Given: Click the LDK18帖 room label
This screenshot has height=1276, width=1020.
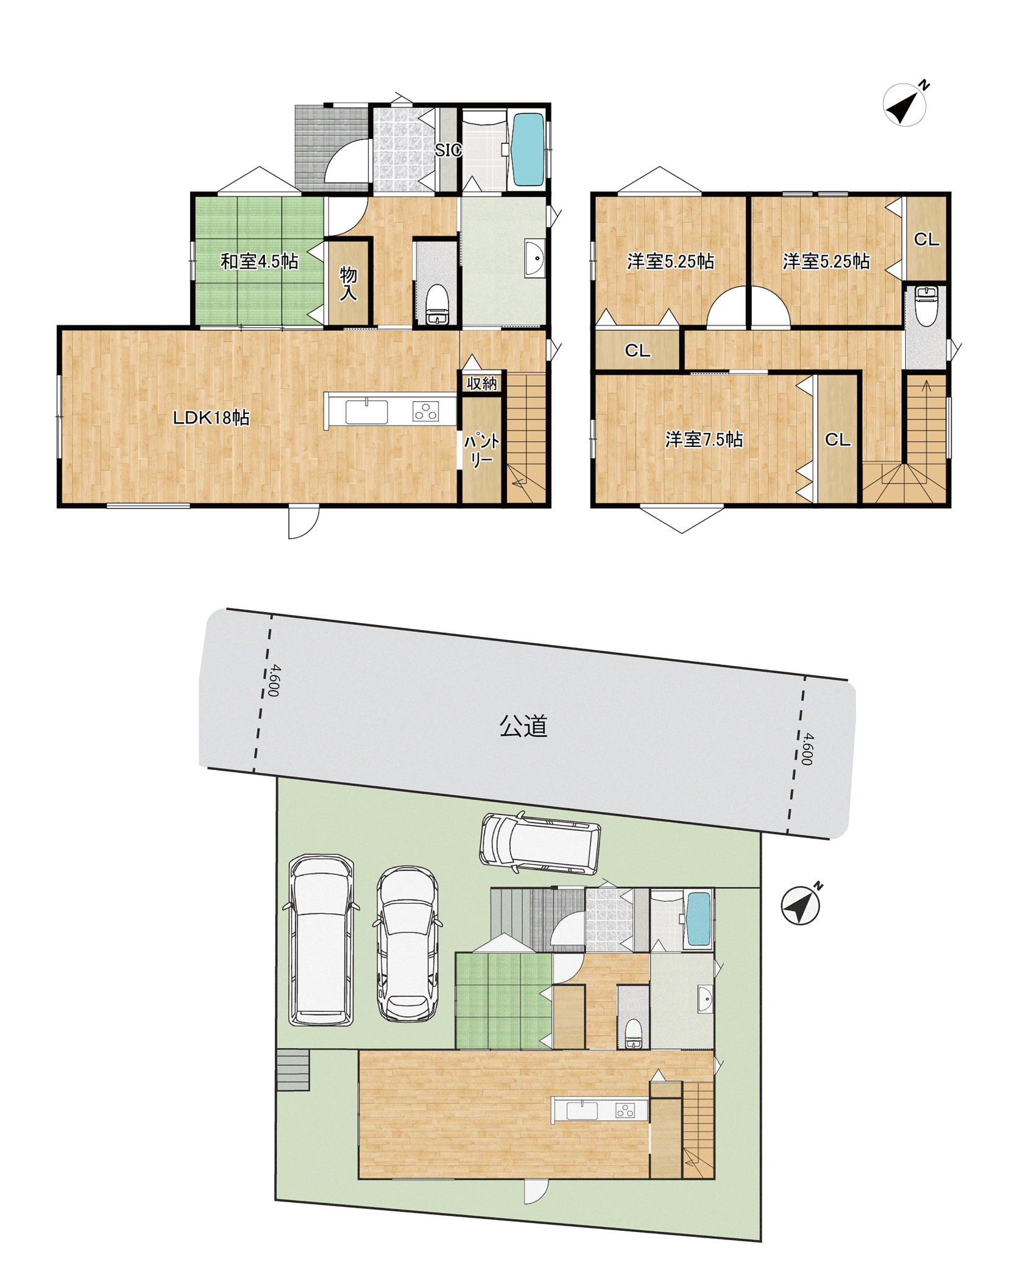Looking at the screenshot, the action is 211,418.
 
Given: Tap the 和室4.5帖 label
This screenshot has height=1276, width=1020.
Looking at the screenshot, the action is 259,262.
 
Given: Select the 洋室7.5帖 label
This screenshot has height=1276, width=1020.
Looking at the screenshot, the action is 704,440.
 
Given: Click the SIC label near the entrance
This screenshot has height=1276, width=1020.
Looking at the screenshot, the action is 448,150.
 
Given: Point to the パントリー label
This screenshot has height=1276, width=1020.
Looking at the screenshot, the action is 481,451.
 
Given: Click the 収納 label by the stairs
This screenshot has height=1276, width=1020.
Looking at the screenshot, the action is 482,383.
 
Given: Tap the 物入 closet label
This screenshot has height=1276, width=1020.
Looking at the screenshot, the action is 349,283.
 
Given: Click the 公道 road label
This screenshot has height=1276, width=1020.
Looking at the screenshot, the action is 523,726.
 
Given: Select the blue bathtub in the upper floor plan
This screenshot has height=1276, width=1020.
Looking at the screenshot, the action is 528,149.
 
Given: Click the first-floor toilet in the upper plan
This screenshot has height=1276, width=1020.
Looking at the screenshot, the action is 437,304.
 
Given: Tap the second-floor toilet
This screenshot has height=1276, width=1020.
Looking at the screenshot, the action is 926,305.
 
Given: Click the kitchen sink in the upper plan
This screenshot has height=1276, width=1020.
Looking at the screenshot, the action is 366,412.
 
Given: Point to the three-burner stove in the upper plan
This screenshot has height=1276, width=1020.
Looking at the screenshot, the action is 425,412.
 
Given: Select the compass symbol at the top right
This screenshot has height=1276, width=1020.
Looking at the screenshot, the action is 906,104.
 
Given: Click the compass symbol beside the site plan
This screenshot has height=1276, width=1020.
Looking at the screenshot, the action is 801,905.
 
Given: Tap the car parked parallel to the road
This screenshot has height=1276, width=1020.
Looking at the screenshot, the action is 540,844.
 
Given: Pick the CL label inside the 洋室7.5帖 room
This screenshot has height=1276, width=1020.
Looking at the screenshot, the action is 837,440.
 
